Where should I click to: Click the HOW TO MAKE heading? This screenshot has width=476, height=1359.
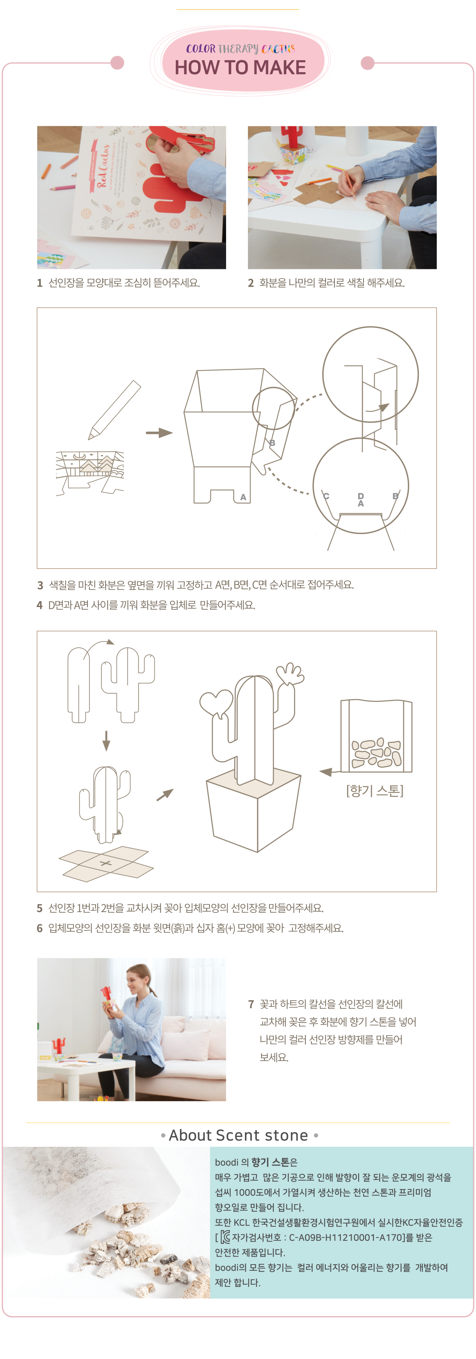click(x=240, y=68)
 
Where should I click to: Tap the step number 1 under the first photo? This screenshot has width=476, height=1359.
click(x=40, y=283)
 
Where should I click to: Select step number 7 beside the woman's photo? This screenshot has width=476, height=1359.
click(x=251, y=1004)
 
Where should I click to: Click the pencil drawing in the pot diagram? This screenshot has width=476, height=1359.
click(x=114, y=410)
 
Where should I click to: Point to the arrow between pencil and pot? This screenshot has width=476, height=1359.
click(x=159, y=433)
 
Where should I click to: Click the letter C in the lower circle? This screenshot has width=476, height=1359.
click(x=326, y=496)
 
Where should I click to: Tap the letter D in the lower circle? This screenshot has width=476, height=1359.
click(x=360, y=496)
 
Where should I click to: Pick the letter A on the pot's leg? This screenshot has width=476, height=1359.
click(x=243, y=497)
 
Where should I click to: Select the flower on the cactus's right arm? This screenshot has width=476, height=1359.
click(x=290, y=674)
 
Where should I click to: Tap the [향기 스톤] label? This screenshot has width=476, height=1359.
click(x=375, y=790)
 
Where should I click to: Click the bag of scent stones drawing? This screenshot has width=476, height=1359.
click(x=376, y=736)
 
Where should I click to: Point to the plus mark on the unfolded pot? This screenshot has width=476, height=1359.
click(x=106, y=864)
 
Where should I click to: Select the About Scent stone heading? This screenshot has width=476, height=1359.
click(x=238, y=1135)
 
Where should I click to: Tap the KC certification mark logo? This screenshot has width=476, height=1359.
click(x=225, y=1237)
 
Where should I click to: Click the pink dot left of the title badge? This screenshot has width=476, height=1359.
click(x=117, y=63)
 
